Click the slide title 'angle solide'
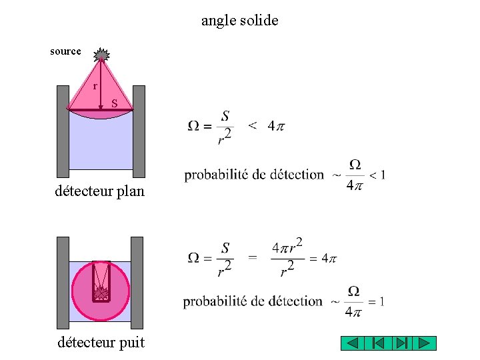coord(239,21)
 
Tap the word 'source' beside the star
coord(65,51)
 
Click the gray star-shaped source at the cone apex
coord(101,55)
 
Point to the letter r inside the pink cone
coord(95,86)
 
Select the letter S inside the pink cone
coord(115,103)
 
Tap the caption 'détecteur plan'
coord(99,192)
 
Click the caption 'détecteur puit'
coord(100,343)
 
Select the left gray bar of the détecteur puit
coord(63,283)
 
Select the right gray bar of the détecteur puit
coord(137,283)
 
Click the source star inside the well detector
coord(102,291)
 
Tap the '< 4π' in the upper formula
coord(267,125)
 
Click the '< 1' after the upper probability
coord(377,175)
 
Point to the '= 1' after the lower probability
coord(376,301)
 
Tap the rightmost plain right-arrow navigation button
coord(424,343)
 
